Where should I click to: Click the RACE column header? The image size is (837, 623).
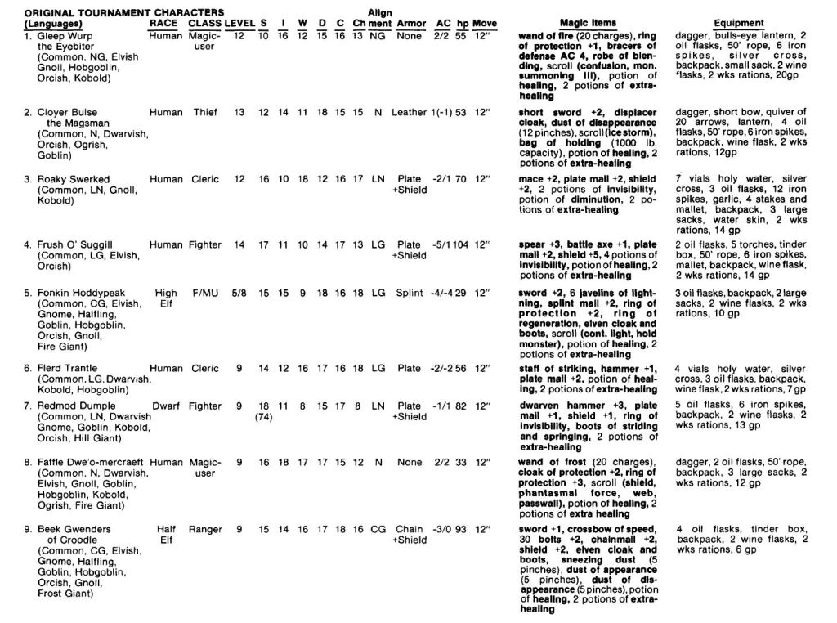click(163, 24)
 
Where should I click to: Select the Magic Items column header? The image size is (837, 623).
click(588, 24)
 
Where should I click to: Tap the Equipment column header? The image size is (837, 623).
click(739, 24)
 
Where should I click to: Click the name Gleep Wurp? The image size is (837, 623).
click(65, 36)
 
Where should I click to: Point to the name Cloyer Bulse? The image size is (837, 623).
click(67, 113)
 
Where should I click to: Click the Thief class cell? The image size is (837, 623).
click(205, 113)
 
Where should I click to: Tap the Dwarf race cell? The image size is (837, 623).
click(166, 406)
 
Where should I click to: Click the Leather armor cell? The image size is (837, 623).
click(409, 113)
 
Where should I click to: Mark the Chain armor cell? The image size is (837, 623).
click(409, 529)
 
